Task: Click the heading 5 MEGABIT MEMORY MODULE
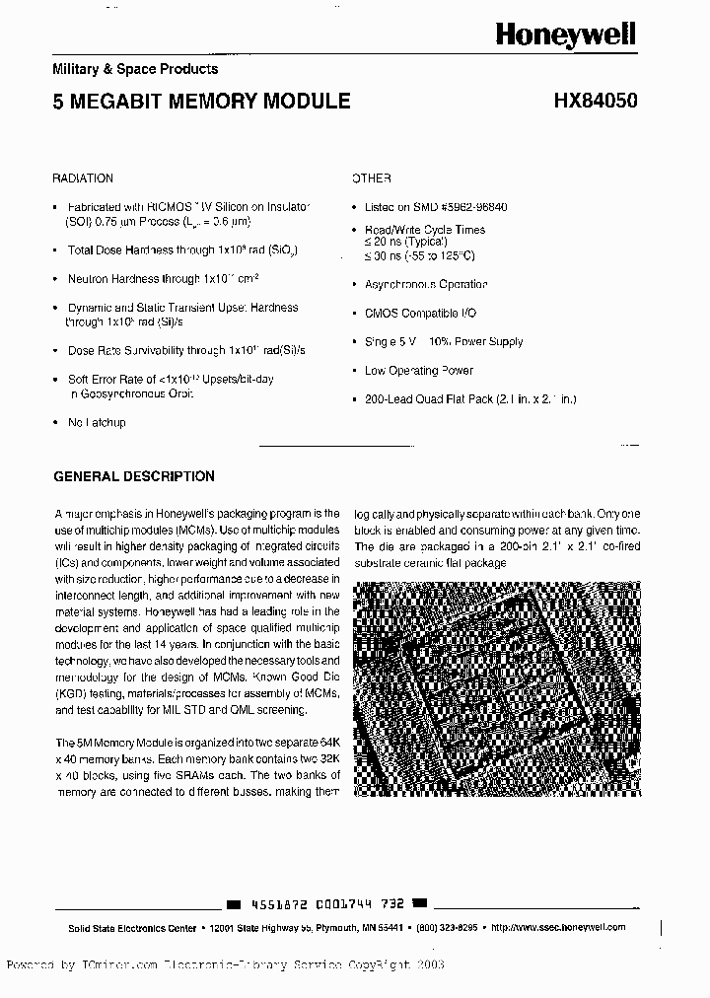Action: coord(201,101)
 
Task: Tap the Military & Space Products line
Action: coord(135,69)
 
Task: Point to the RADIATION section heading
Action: coord(83,178)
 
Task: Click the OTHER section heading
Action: coord(373,178)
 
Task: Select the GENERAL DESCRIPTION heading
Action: coord(133,476)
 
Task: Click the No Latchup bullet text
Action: coord(97,422)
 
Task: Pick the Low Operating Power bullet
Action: coord(418,371)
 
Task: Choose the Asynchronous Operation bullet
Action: coord(425,284)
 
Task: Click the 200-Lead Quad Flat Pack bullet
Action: coord(469,399)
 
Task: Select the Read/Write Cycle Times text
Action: coord(424,230)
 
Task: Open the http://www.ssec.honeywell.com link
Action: coord(557,928)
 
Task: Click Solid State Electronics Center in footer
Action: coord(123,928)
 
